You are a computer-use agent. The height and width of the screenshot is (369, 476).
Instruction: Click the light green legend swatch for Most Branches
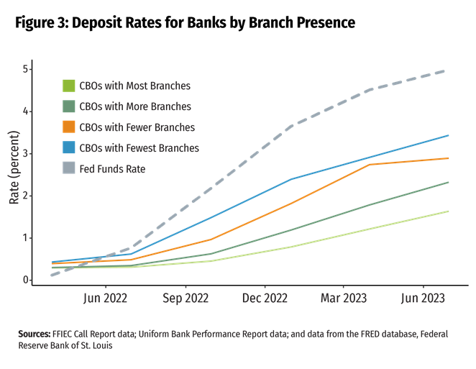[69, 86]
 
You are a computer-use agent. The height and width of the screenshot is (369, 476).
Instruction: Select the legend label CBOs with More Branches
[135, 106]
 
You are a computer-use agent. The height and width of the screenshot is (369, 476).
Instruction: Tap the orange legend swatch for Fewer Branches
[69, 127]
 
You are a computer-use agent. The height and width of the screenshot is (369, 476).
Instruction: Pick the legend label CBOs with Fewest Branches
[139, 148]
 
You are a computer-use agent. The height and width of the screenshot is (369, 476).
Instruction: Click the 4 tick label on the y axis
[25, 111]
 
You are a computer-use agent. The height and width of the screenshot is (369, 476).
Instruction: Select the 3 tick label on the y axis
[25, 153]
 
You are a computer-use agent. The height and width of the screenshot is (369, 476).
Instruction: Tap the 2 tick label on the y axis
[25, 196]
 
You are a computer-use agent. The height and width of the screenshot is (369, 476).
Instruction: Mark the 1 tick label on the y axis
[25, 237]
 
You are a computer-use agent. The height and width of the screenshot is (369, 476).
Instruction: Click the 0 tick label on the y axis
[25, 279]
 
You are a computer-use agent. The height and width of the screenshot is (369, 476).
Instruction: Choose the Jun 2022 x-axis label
[106, 298]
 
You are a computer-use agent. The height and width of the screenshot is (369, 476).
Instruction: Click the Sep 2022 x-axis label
[186, 298]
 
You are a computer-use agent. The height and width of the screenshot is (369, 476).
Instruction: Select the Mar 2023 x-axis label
[344, 298]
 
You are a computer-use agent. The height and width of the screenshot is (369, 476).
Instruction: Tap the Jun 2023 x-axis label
[422, 298]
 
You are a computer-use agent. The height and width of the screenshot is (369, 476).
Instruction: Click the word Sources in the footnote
[34, 334]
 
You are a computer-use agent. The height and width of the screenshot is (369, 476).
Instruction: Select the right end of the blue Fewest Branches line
[449, 135]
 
